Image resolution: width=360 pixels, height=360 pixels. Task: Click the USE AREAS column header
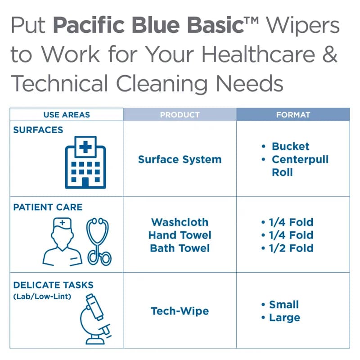67,115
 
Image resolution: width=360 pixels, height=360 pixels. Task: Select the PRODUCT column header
180,115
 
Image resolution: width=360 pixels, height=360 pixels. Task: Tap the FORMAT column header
293,115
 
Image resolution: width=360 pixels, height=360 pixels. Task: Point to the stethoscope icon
99,241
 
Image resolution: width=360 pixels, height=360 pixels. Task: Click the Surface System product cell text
180,159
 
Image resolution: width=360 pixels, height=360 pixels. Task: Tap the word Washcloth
180,222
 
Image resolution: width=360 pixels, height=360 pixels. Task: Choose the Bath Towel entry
180,248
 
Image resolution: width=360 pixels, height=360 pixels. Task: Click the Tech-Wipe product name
180,311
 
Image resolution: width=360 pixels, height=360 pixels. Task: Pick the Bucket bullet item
290,147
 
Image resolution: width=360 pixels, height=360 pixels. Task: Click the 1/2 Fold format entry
291,248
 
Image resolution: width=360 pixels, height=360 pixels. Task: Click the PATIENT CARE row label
48,207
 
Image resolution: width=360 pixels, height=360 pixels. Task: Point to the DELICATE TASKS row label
53,285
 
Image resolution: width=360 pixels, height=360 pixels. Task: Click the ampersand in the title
331,54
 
